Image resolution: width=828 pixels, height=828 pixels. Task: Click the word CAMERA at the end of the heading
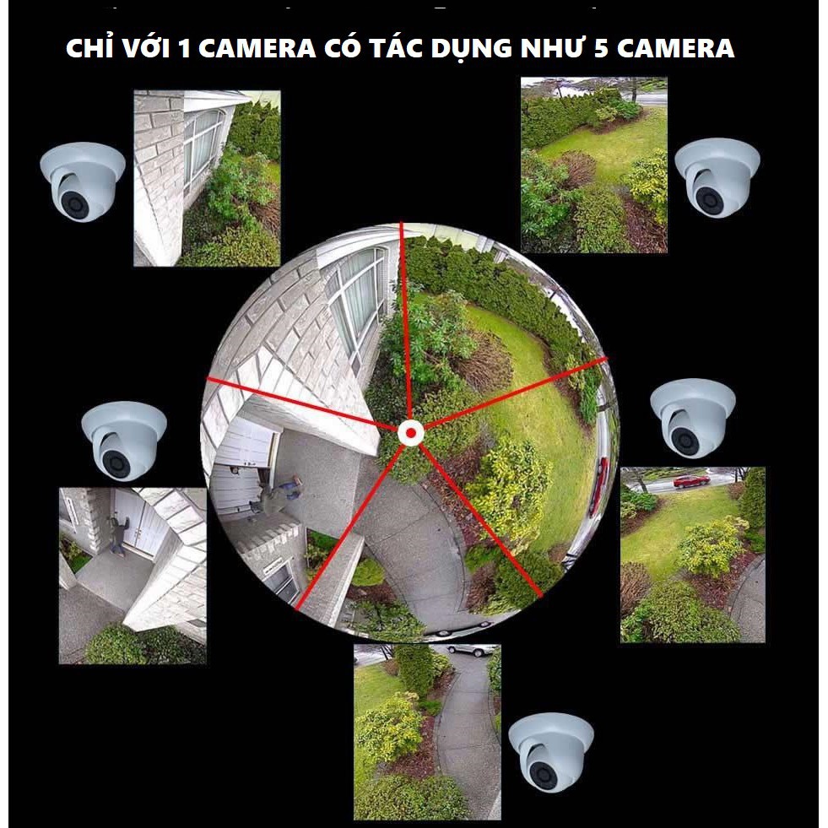[674, 49]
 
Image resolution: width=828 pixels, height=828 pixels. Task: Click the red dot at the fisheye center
[410, 434]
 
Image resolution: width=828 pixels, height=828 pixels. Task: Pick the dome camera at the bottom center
[549, 751]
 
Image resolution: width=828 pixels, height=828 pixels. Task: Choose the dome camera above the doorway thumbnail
[122, 440]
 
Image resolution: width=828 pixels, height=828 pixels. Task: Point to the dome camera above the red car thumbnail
[691, 417]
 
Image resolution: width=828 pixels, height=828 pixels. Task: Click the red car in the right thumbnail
[691, 481]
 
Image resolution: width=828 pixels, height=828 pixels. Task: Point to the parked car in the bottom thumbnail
[471, 650]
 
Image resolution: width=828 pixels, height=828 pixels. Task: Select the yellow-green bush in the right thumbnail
[711, 544]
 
